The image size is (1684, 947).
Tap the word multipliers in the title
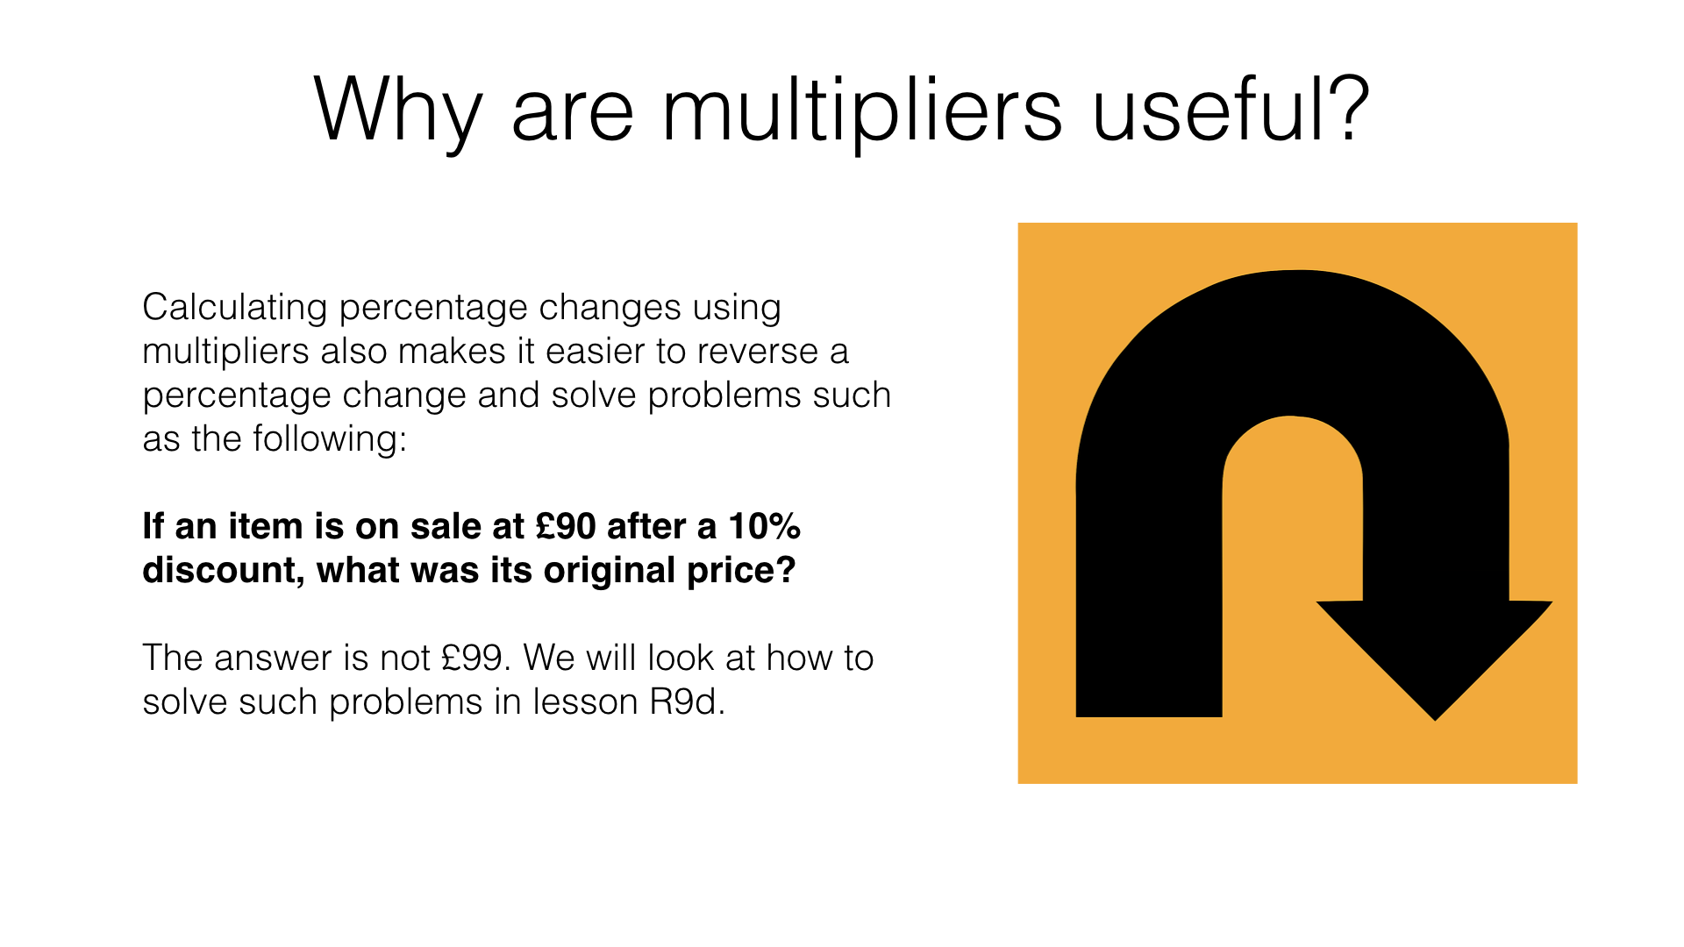pos(862,111)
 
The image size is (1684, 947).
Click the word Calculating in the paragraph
pos(235,309)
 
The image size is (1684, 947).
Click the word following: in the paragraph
pos(330,439)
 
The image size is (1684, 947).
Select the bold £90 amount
pos(566,526)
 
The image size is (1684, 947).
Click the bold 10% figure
pos(764,526)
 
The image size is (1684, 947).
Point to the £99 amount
pos(475,659)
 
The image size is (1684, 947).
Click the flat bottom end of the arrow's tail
pos(1149,716)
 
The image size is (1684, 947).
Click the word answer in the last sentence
pos(269,659)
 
